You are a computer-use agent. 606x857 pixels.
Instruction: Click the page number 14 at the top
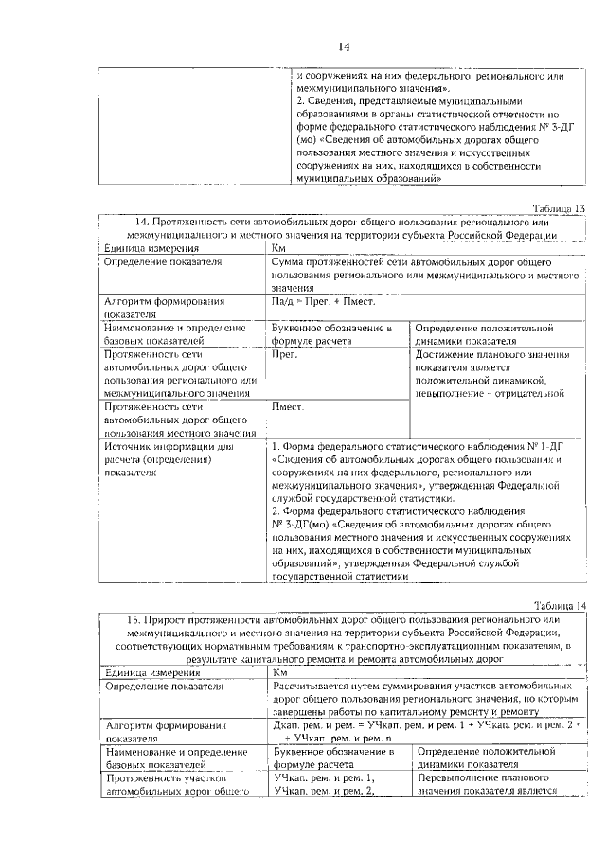(344, 46)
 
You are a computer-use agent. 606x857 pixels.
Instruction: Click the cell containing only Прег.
(285, 352)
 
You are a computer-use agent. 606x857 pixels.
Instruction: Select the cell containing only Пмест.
(288, 407)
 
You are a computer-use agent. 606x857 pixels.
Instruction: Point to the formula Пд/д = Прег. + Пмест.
(322, 302)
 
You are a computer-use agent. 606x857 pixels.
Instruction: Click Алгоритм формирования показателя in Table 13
(164, 309)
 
